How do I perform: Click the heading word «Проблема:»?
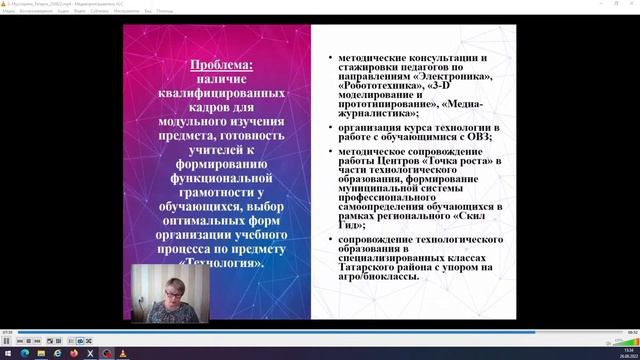click(x=223, y=65)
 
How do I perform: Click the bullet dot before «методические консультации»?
click(x=331, y=60)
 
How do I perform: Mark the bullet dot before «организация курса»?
click(x=331, y=128)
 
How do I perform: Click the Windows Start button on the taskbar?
click(x=7, y=353)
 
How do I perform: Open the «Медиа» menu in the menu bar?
click(x=8, y=12)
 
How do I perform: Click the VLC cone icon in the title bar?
click(x=5, y=4)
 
